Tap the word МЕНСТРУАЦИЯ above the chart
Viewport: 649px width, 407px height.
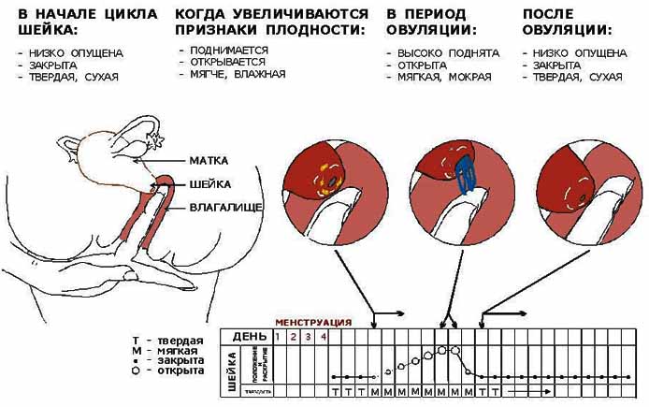pyautogui.click(x=312, y=322)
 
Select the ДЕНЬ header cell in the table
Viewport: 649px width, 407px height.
pyautogui.click(x=248, y=336)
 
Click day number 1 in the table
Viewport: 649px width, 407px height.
pyautogui.click(x=278, y=336)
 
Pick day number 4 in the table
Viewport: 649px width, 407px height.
pyautogui.click(x=324, y=336)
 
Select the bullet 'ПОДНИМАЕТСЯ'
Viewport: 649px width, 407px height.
pyautogui.click(x=227, y=50)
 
